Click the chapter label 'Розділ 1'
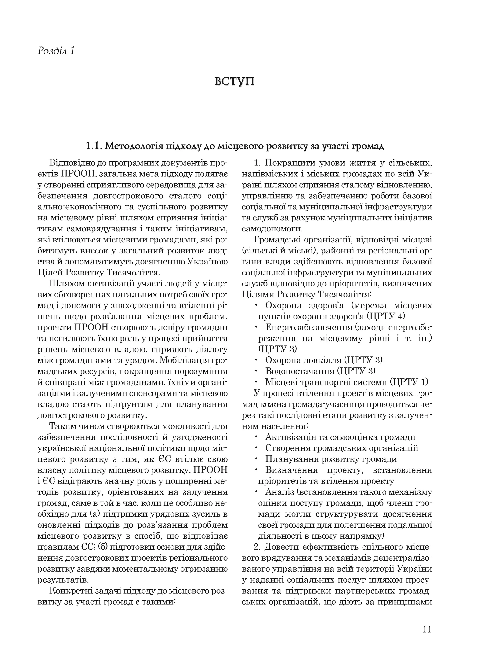point(56,51)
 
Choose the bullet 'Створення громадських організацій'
point(341,448)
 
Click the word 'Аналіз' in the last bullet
point(280,491)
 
